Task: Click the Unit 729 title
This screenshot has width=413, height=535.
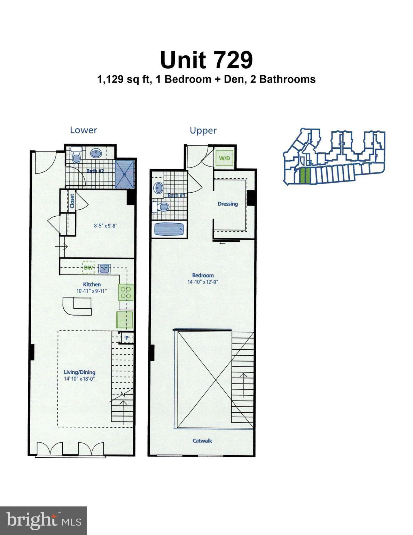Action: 206,60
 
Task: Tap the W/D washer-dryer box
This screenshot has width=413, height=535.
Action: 224,158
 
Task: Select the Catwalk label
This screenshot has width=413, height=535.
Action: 202,441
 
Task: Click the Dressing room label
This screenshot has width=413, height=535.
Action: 228,204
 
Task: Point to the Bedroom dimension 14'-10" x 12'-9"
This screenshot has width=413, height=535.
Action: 203,282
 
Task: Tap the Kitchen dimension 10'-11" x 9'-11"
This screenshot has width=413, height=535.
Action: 92,291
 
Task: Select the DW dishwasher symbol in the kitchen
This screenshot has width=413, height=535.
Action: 88,268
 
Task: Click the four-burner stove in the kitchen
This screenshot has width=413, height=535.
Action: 126,292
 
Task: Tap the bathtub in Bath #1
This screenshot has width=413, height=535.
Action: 169,230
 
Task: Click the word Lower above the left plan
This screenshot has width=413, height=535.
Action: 83,130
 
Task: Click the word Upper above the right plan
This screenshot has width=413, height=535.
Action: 203,130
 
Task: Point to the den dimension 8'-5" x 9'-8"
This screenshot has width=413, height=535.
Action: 105,225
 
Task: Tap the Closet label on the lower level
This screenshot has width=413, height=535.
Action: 72,201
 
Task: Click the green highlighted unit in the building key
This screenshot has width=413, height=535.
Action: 304,176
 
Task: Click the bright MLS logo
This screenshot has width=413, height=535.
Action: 43,520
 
